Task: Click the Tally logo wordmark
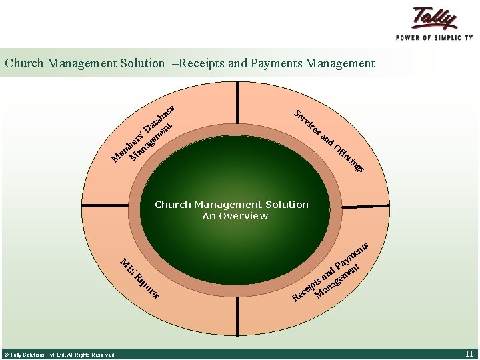point(435,18)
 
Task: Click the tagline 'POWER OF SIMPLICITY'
point(435,37)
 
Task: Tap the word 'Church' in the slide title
point(24,64)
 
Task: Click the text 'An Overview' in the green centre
point(235,216)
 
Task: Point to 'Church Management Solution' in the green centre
point(231,205)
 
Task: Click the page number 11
point(469,353)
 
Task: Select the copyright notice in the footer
point(59,355)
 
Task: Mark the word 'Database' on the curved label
point(159,117)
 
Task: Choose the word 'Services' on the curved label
point(307,121)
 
